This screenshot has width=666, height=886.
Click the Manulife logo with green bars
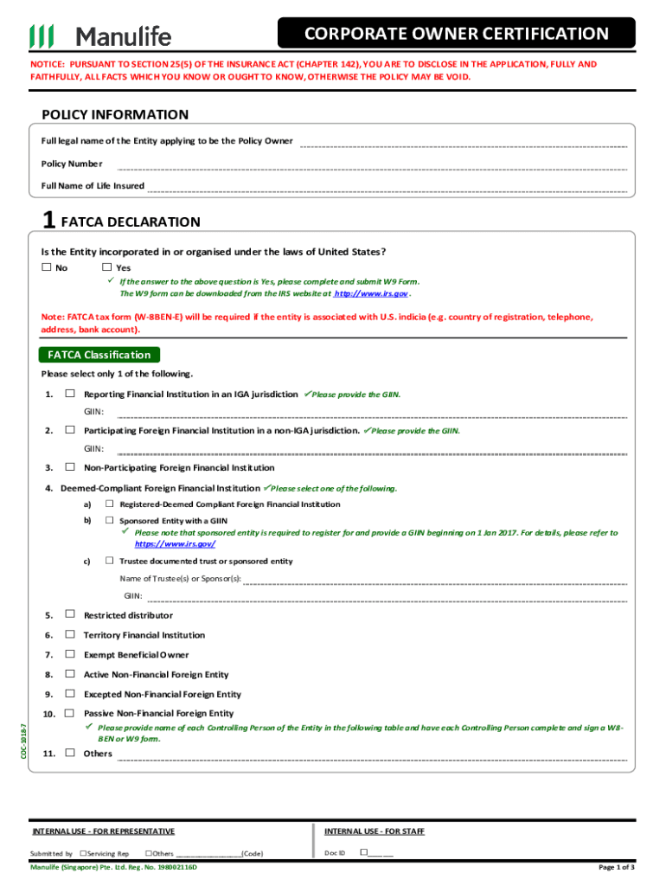pos(100,35)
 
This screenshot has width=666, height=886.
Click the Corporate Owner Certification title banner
pos(456,34)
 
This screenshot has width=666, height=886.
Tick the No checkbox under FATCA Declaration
pos(46,267)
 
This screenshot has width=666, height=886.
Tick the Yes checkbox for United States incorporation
pos(106,267)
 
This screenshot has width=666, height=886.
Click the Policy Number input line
pos(372,167)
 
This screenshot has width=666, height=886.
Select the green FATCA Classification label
pos(99,355)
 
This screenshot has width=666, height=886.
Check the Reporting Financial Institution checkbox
pos(69,395)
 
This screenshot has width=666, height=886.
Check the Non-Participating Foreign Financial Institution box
pos(69,468)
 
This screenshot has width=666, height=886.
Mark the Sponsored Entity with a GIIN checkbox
pos(110,521)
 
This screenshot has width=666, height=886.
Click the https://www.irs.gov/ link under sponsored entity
pos(175,543)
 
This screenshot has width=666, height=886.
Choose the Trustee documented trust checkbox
pos(110,562)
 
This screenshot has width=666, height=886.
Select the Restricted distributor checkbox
pos(69,616)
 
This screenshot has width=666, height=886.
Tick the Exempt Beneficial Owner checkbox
pos(69,655)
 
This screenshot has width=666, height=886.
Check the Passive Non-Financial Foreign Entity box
pos(69,714)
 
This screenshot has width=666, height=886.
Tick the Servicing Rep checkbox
pos(82,853)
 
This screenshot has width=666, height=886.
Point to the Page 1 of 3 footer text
pos(617,867)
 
